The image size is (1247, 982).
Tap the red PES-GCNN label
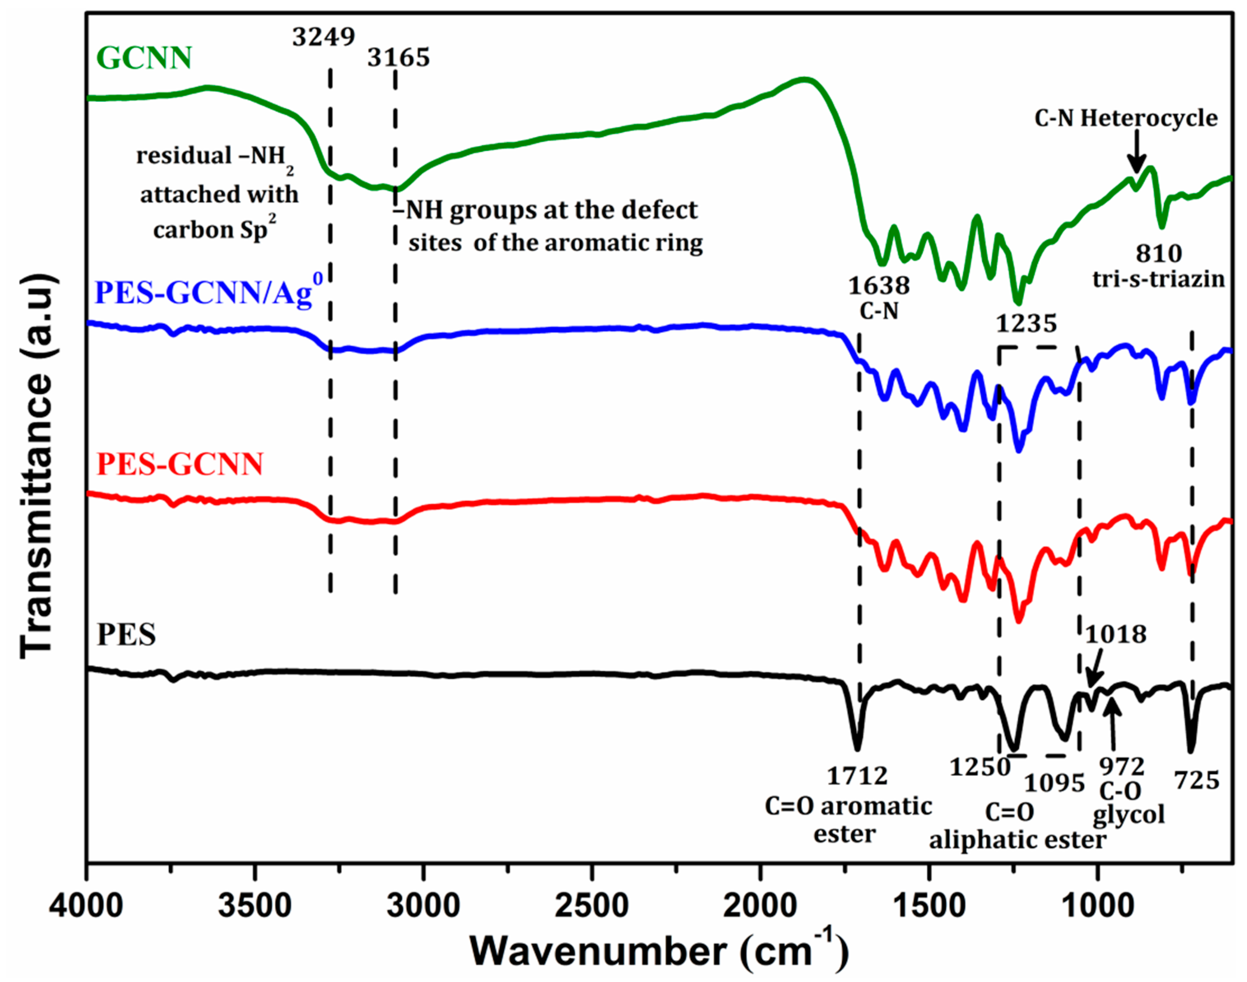coord(180,463)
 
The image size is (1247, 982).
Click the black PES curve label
coord(126,635)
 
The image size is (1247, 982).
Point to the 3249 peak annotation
coord(323,37)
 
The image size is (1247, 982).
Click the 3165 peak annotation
coord(398,58)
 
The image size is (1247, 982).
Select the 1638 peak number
coord(879,285)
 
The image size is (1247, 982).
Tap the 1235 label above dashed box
coord(1026,323)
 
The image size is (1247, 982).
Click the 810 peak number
coord(1159,253)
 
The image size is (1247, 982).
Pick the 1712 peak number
coord(857,776)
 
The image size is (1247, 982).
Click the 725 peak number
coord(1196,781)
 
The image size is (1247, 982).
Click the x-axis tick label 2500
coord(592,907)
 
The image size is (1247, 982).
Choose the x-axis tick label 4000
coord(86,907)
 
